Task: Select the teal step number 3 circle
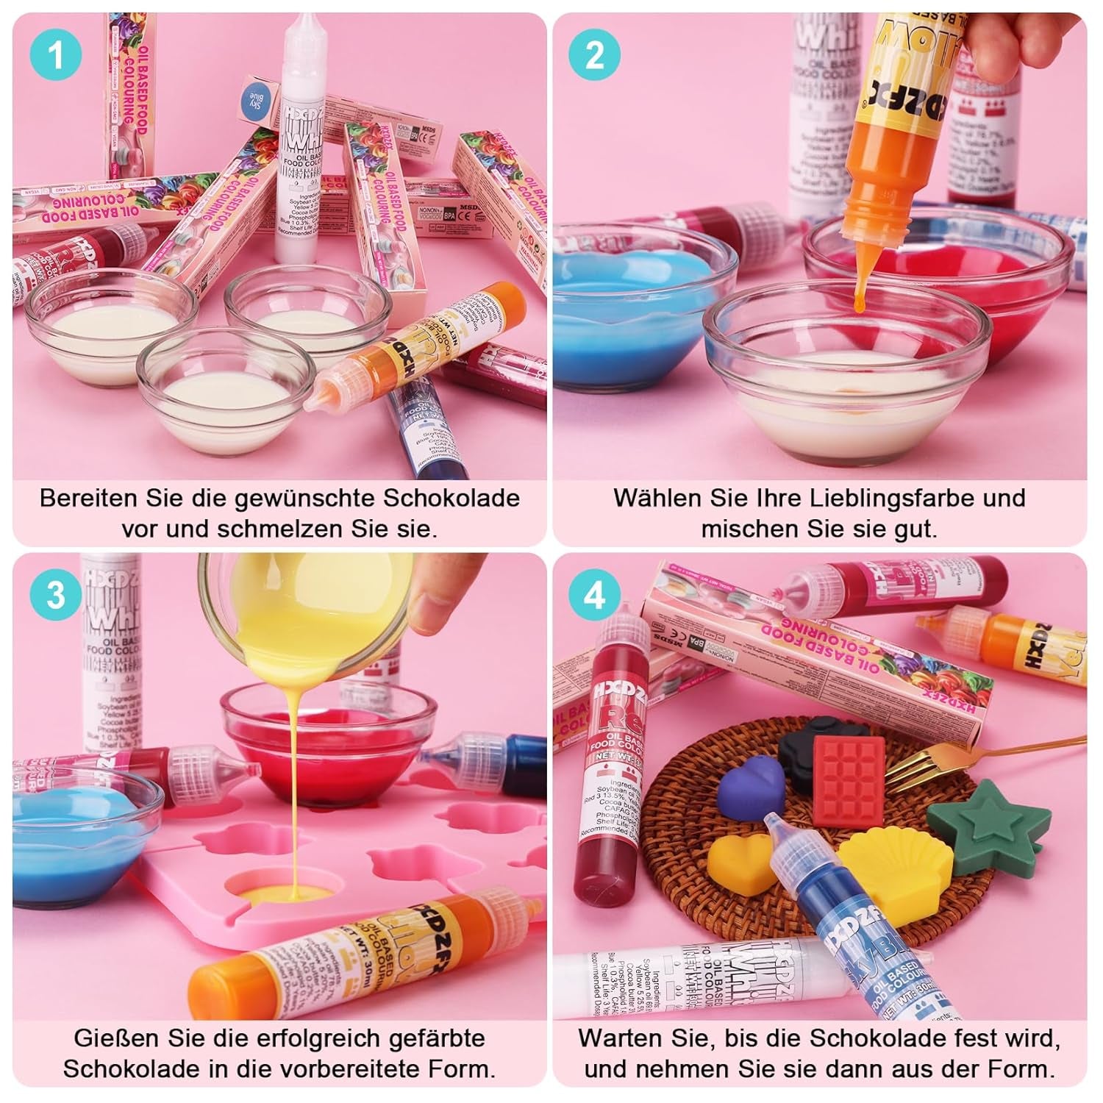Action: (56, 594)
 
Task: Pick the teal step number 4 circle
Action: (594, 594)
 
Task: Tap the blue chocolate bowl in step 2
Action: (625, 309)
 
